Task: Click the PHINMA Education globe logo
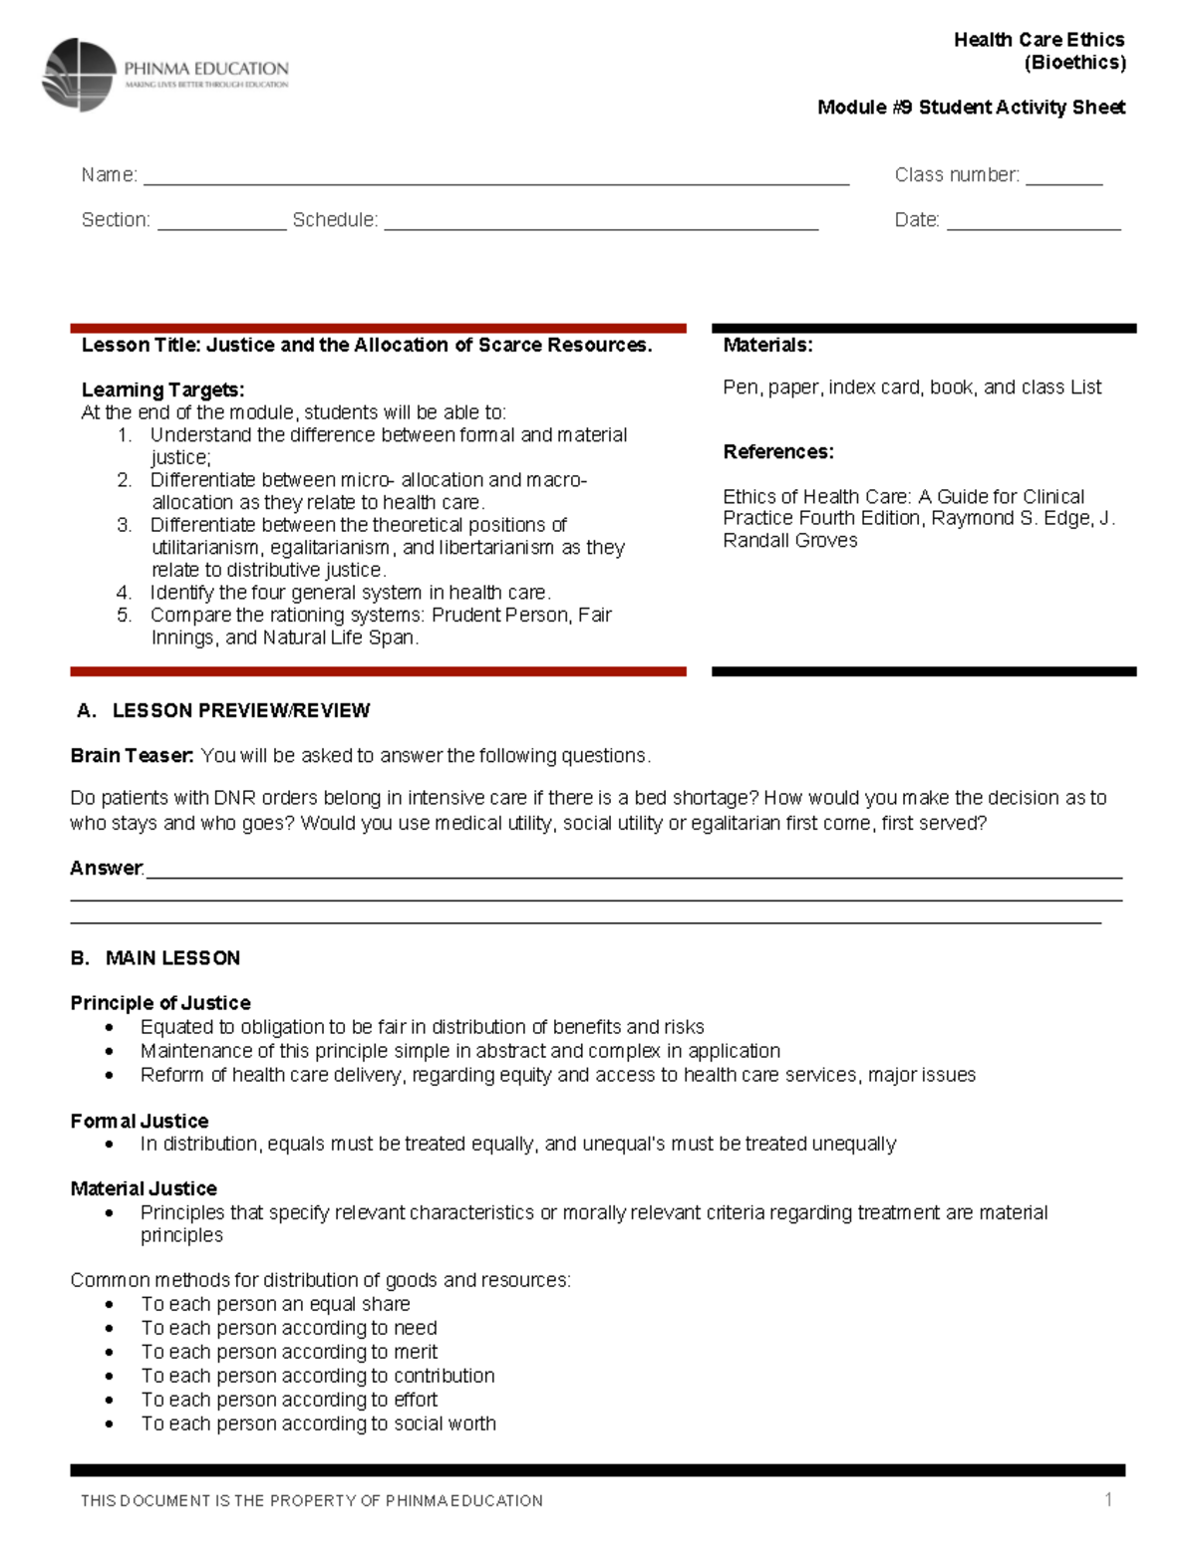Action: [x=79, y=75]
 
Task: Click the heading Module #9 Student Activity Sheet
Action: [x=971, y=108]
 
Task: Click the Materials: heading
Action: [x=767, y=346]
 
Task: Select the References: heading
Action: [x=777, y=452]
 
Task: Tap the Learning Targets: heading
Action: [x=162, y=389]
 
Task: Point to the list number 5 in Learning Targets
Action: [x=124, y=616]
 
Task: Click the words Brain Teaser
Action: [x=132, y=756]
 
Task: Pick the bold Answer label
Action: [x=106, y=869]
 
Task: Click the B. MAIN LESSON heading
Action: [x=155, y=958]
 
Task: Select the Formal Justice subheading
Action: [x=140, y=1122]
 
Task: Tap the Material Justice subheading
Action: [x=144, y=1188]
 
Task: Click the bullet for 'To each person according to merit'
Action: [x=110, y=1353]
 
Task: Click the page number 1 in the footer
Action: [x=1108, y=1500]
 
